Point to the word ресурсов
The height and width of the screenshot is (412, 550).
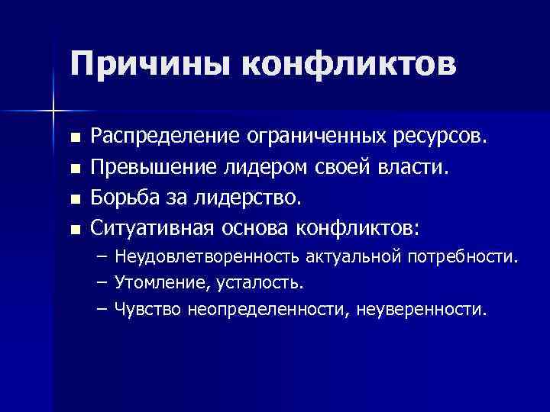443,137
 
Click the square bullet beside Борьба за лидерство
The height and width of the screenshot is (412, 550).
74,199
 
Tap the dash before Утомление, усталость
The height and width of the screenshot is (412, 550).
102,283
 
